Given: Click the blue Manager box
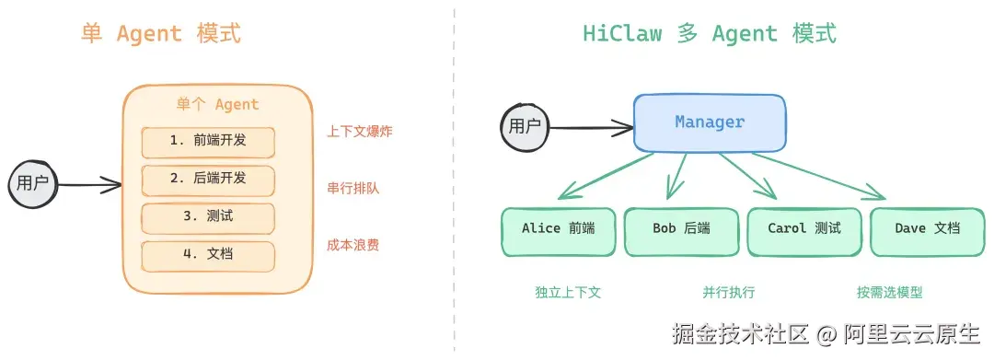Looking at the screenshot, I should coord(710,122).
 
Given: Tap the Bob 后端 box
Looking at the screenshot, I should coord(681,231).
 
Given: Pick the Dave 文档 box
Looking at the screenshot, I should coord(927,231).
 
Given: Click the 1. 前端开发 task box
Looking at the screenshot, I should coord(208,142).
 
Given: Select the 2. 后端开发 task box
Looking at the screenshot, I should coord(208,180).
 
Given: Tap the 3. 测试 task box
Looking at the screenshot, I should coord(208,217).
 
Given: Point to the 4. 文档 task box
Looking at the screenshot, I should coord(208,255).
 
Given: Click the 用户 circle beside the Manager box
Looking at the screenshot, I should coord(526,126).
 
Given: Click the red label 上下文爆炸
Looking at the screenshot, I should coord(359,132).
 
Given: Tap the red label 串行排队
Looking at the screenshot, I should coord(353,189).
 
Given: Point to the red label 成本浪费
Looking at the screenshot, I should coord(353,246).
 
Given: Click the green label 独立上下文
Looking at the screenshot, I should coord(568,293).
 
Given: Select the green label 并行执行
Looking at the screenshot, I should coord(728,293).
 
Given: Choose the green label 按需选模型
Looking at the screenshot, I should coord(889,293).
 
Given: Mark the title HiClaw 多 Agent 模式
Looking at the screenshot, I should coord(710,34).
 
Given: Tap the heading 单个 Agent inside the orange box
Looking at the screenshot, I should coord(217,105).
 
